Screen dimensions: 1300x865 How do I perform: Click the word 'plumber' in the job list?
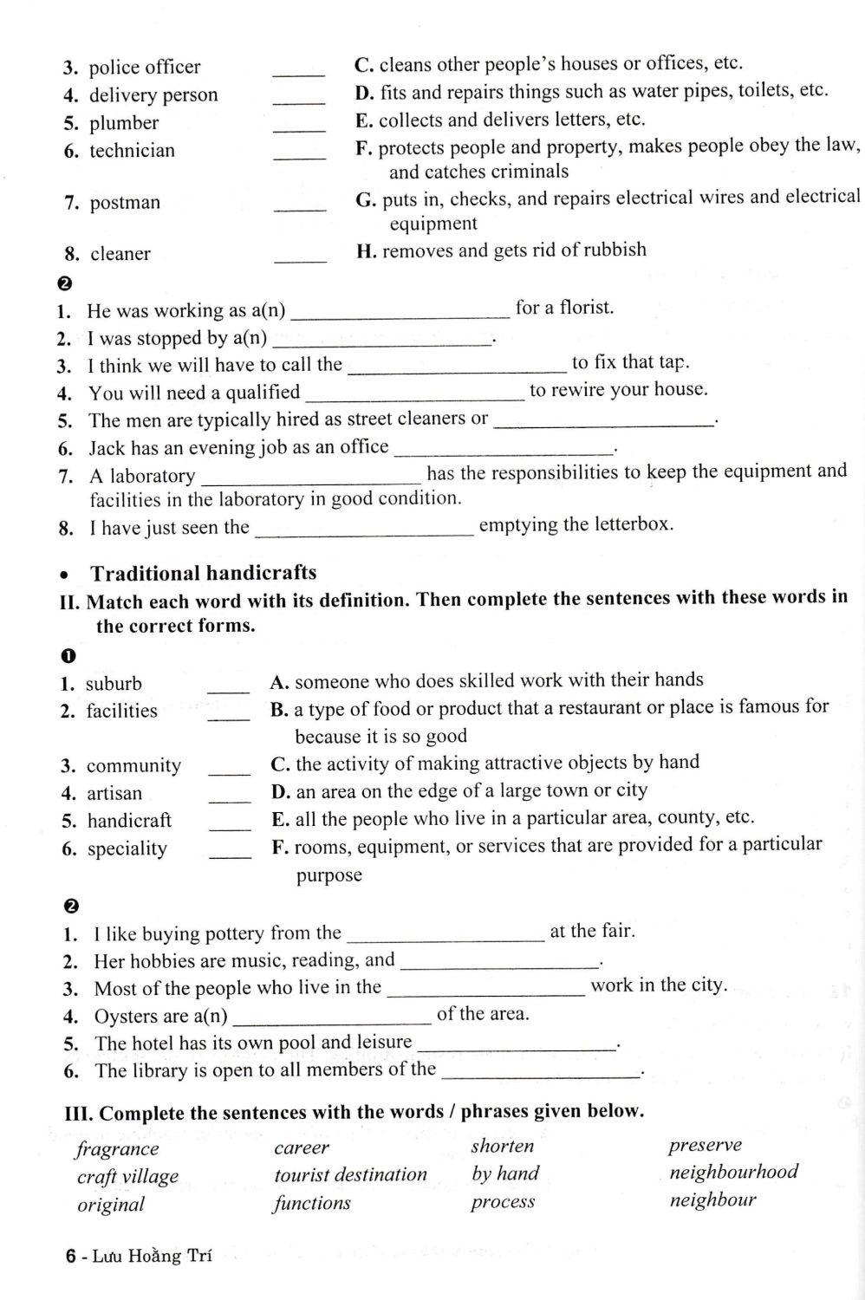coord(124,123)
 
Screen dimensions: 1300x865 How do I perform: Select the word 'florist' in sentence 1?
coord(585,308)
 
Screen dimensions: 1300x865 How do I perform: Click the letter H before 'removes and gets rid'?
coord(365,251)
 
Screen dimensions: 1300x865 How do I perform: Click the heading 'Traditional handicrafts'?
coord(204,573)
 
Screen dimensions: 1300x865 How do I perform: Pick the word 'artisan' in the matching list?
coord(114,793)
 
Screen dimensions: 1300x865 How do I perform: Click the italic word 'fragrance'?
coord(117,1149)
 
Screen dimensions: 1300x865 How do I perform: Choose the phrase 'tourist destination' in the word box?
coord(350,1175)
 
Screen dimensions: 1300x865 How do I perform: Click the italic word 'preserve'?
coord(705,1145)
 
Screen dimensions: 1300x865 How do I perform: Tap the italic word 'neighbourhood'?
coord(733,1172)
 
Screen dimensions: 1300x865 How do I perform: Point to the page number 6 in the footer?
coord(70,1256)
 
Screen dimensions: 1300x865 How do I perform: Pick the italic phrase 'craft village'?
coord(127,1176)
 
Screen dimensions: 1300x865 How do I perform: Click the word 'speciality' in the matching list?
coord(127,848)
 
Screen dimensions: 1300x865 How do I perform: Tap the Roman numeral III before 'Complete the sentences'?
coord(79,1114)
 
